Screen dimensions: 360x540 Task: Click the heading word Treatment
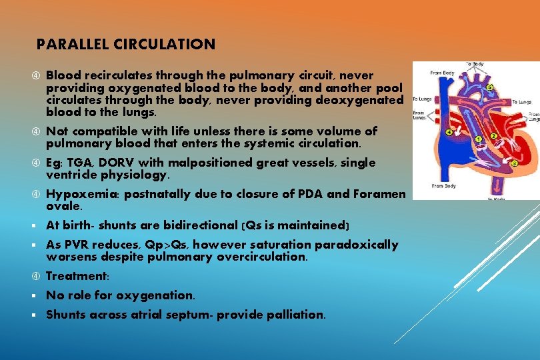tap(75, 276)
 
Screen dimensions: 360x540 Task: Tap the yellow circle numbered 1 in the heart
tap(477, 139)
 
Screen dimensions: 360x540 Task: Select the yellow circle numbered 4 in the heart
tap(449, 133)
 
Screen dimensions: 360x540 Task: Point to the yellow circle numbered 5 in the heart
tap(490, 87)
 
